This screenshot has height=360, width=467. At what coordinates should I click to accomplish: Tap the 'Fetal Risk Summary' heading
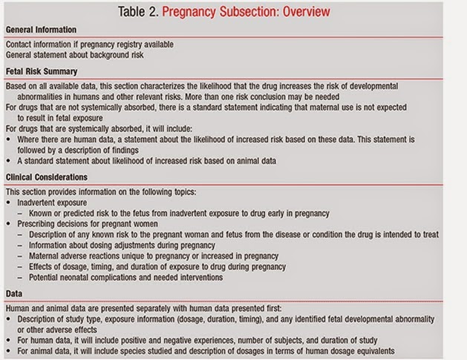coord(42,72)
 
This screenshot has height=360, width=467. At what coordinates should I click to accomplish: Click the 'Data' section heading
coord(15,292)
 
